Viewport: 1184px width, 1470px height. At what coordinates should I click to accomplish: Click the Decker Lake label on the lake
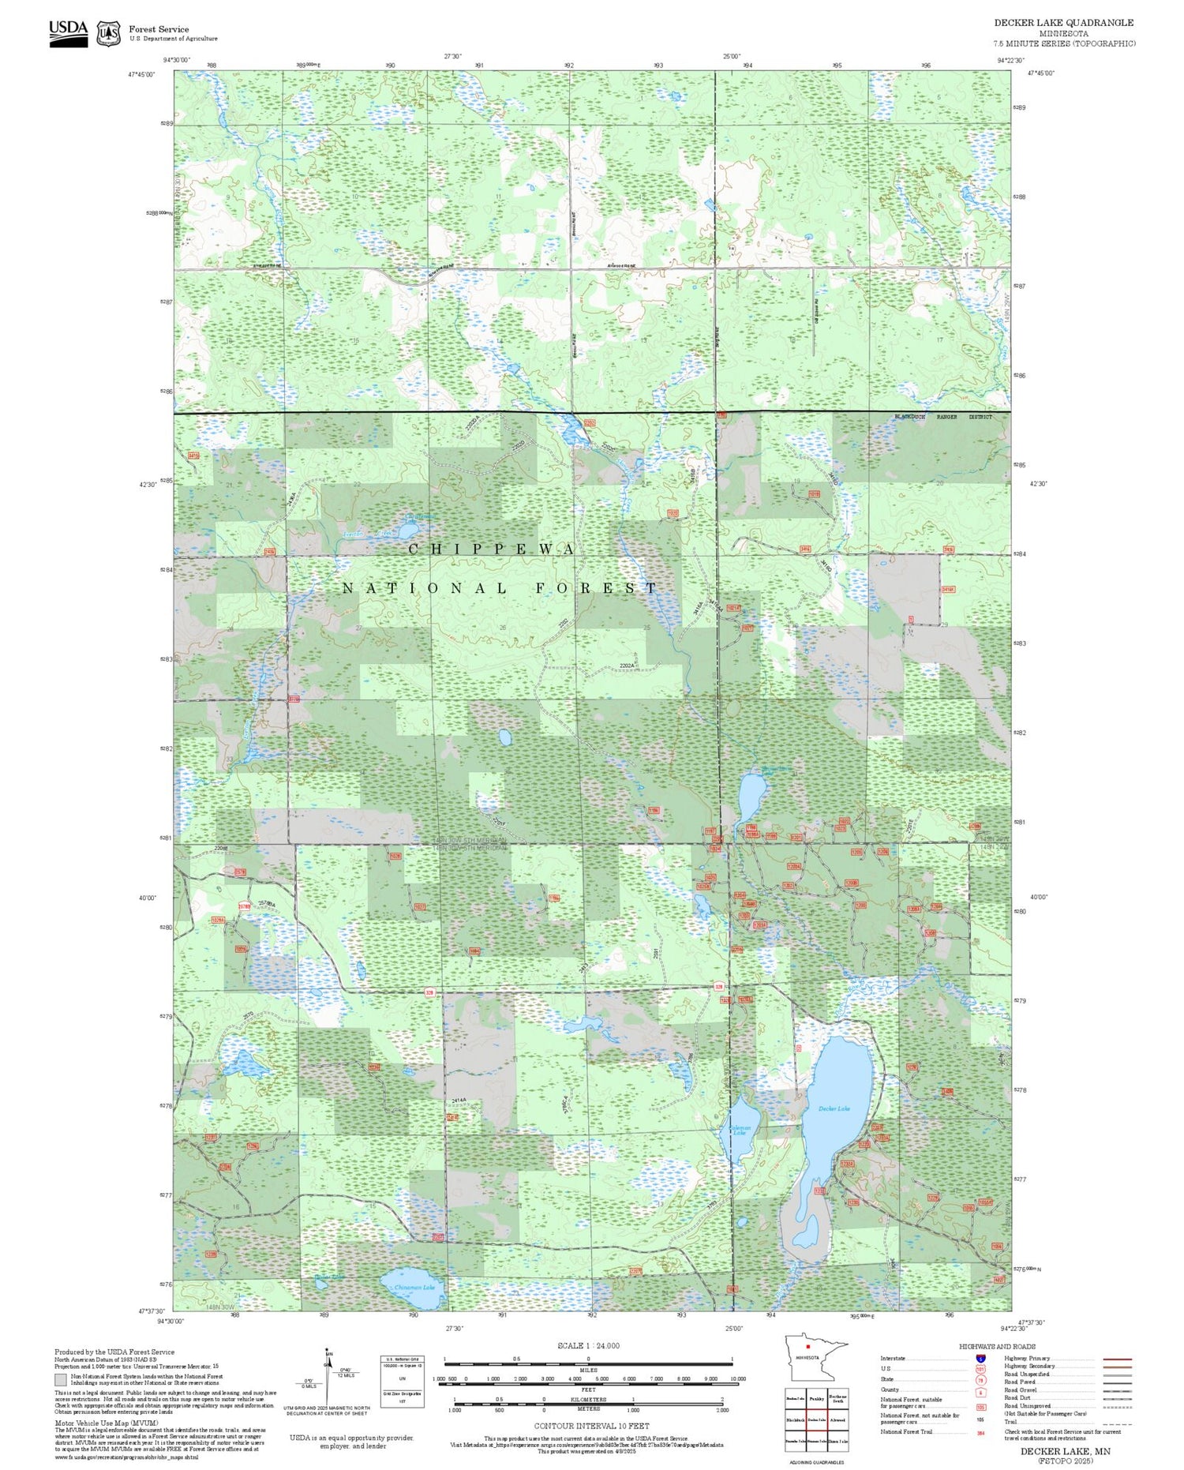pyautogui.click(x=834, y=1109)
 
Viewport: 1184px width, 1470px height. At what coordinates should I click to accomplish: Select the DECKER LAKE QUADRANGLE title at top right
pyautogui.click(x=1063, y=23)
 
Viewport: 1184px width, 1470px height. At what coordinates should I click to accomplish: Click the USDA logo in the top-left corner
pyautogui.click(x=69, y=33)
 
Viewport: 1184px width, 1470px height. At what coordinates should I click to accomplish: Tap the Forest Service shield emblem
pyautogui.click(x=108, y=33)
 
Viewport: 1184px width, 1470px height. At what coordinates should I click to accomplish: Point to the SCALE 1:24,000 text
pyautogui.click(x=588, y=1346)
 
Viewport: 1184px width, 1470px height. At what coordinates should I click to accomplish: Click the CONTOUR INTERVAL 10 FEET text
pyautogui.click(x=591, y=1427)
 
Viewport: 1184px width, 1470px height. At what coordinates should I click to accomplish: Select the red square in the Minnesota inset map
pyautogui.click(x=808, y=1347)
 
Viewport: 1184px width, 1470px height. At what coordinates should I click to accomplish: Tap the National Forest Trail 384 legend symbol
pyautogui.click(x=980, y=1432)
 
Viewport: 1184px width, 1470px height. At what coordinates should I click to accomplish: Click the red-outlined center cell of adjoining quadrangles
pyautogui.click(x=816, y=1419)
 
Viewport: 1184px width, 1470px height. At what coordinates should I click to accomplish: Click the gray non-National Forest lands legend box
pyautogui.click(x=60, y=1380)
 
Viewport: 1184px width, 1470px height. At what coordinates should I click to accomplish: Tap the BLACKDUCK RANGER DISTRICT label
pyautogui.click(x=942, y=417)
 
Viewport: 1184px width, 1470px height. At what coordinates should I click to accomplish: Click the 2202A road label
pyautogui.click(x=628, y=666)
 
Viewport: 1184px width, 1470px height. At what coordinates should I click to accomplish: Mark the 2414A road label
pyautogui.click(x=460, y=1100)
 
